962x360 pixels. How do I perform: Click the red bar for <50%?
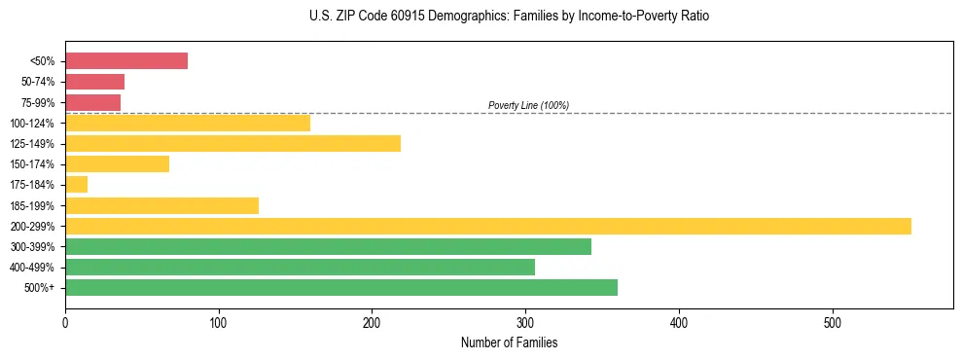click(x=126, y=61)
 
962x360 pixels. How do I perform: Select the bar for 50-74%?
click(x=94, y=82)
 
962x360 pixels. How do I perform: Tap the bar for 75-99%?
click(x=92, y=102)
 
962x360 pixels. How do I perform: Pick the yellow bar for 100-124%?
click(x=188, y=123)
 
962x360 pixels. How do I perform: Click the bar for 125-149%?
click(x=232, y=144)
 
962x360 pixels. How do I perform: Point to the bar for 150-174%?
click(x=117, y=164)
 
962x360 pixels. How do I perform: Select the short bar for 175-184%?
click(x=76, y=185)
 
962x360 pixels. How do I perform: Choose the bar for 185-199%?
click(x=161, y=205)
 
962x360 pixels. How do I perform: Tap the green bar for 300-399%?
click(x=328, y=247)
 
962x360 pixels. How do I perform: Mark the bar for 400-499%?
click(x=300, y=268)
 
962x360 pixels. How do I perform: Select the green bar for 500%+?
click(x=341, y=288)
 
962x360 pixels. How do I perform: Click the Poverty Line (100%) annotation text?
click(x=528, y=105)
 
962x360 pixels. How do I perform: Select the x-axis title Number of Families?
click(x=509, y=342)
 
